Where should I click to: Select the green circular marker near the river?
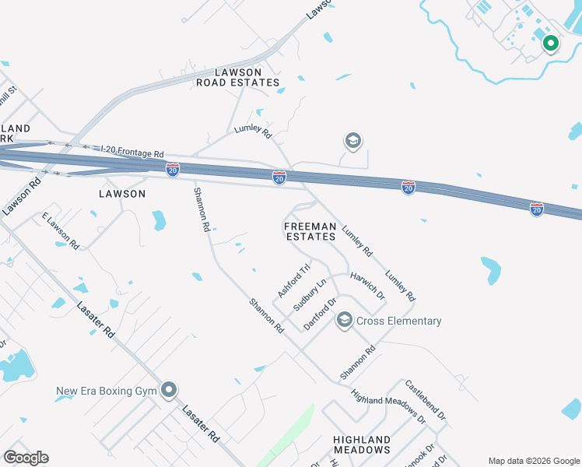tap(550, 44)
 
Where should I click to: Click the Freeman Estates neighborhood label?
tap(310, 231)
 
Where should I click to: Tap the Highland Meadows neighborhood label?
tap(362, 444)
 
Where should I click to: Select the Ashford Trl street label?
tap(294, 280)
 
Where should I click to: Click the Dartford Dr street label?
tap(320, 313)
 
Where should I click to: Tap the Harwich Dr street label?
tap(367, 286)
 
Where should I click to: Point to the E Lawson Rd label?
tap(61, 230)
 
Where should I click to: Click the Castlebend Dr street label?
tap(425, 400)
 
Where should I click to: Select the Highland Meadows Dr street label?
tap(388, 406)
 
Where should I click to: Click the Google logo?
tap(26, 457)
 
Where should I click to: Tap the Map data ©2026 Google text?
tap(533, 461)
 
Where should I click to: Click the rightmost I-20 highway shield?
tap(536, 209)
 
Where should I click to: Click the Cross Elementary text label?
tap(399, 321)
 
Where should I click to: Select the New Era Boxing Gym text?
tap(106, 391)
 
